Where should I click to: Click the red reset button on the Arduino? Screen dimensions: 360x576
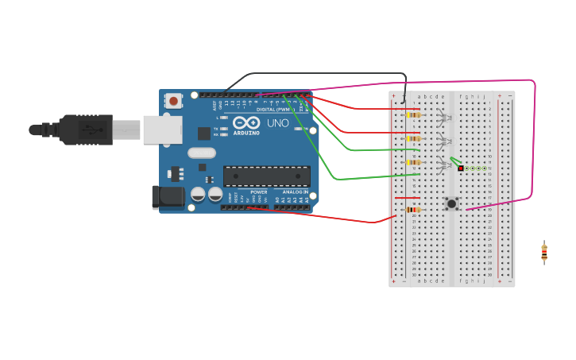point(173,100)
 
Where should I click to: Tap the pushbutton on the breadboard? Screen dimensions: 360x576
point(451,203)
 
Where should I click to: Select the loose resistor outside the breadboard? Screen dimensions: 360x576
point(544,253)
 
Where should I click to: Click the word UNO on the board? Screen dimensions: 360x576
point(278,124)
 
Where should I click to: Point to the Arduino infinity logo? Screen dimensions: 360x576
point(247,122)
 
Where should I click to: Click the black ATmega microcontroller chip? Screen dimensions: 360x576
point(266,176)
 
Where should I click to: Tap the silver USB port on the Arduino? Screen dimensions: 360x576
point(162,130)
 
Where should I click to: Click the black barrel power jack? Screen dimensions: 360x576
point(167,197)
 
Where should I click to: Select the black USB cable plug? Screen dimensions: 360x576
point(87,130)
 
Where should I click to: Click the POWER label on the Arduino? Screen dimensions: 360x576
point(259,192)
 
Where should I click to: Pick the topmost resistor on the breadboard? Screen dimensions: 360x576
point(414,114)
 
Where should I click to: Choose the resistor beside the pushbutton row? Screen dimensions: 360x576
point(413,210)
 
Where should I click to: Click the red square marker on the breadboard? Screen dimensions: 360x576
point(460,168)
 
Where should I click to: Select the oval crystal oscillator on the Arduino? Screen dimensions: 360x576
point(202,153)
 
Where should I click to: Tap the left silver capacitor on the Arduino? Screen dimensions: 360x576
point(198,194)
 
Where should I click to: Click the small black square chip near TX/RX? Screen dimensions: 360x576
point(204,134)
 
